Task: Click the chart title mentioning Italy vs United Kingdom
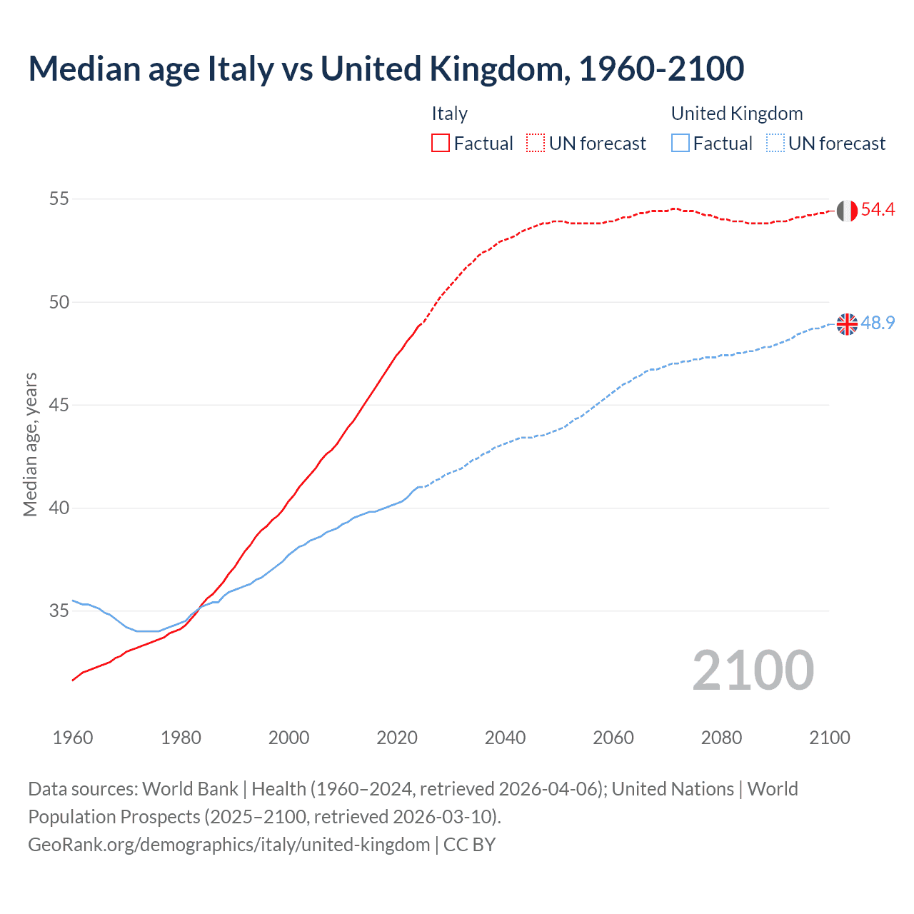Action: pyautogui.click(x=386, y=69)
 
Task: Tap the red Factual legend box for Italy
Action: pyautogui.click(x=441, y=143)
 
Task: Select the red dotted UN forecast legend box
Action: pyautogui.click(x=536, y=143)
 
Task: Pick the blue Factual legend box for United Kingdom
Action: pyautogui.click(x=681, y=143)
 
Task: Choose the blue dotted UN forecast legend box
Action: pyautogui.click(x=775, y=143)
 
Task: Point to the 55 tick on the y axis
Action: pyautogui.click(x=59, y=199)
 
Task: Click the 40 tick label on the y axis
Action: pyautogui.click(x=59, y=508)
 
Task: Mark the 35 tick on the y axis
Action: pyautogui.click(x=59, y=611)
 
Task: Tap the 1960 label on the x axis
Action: pyautogui.click(x=73, y=738)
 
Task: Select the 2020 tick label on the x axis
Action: pyautogui.click(x=397, y=738)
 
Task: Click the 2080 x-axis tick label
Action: pyautogui.click(x=721, y=738)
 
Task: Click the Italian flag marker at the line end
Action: pyautogui.click(x=847, y=211)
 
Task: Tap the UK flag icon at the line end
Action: pyautogui.click(x=847, y=323)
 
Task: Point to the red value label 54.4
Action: pyautogui.click(x=878, y=210)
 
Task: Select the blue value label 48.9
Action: pyautogui.click(x=878, y=323)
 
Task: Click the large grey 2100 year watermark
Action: pyautogui.click(x=753, y=671)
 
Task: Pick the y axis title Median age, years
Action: pyautogui.click(x=30, y=444)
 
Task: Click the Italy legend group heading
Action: pyautogui.click(x=449, y=114)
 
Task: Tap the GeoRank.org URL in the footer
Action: pyautogui.click(x=228, y=845)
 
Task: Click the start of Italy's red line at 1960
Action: pyautogui.click(x=73, y=680)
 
